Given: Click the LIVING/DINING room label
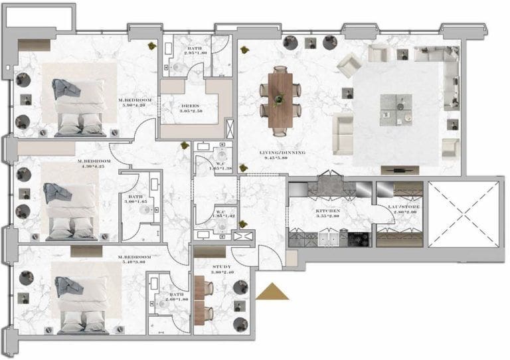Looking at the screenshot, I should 282,153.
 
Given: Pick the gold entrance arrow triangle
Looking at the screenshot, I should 272,292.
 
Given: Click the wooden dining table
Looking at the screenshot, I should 280,97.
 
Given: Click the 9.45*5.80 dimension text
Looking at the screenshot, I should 282,158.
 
